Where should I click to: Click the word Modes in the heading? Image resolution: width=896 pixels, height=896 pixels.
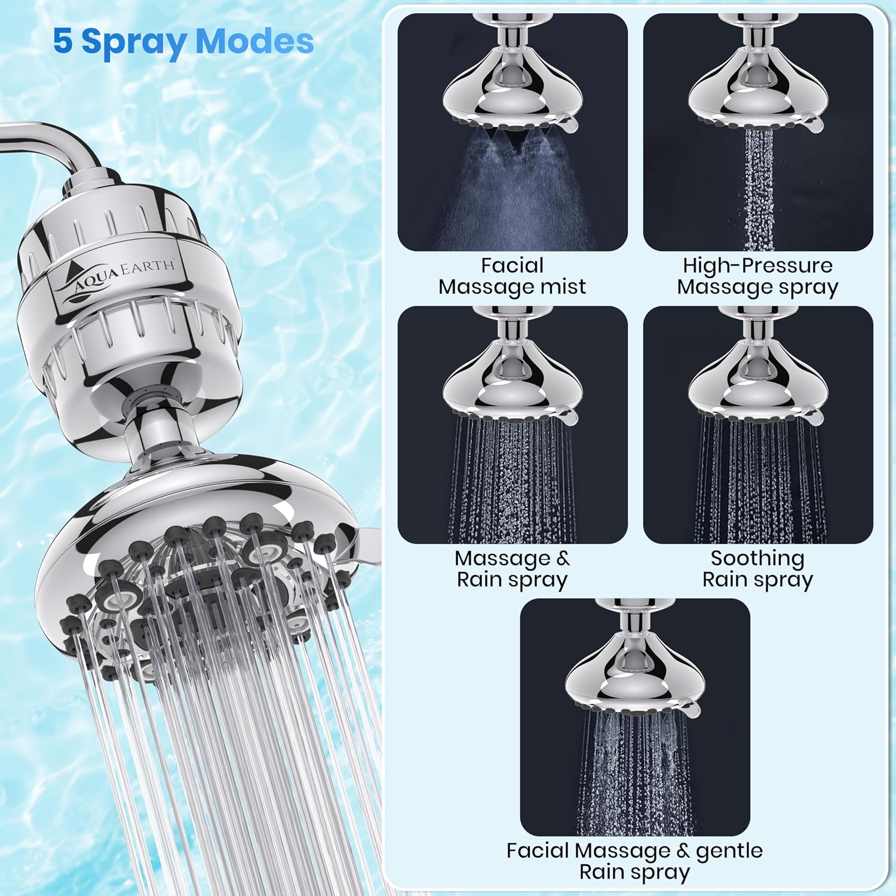[254, 41]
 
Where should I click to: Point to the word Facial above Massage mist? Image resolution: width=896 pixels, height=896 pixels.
[512, 265]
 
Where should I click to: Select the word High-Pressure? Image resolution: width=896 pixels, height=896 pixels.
[757, 265]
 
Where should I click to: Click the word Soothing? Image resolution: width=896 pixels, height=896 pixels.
[757, 559]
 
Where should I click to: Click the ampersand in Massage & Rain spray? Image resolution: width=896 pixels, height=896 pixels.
[563, 558]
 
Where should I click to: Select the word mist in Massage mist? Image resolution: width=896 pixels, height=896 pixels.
[563, 287]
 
